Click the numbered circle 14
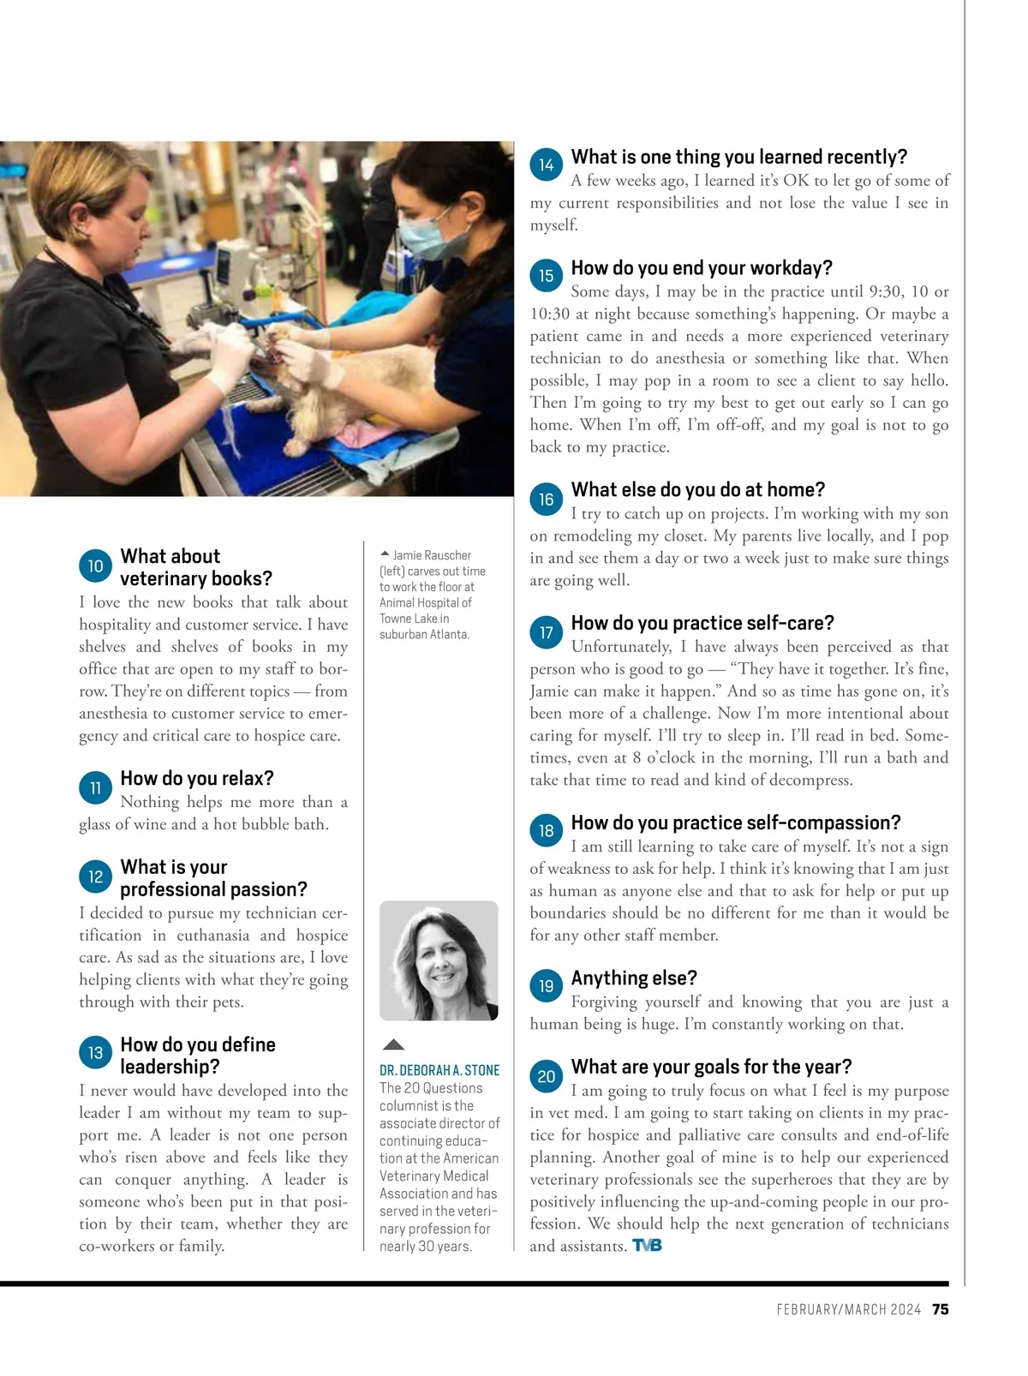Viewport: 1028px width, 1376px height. coord(546,165)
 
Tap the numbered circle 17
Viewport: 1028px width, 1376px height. coord(546,632)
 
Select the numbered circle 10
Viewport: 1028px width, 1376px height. coord(95,565)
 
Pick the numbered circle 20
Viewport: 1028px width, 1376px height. coord(546,1076)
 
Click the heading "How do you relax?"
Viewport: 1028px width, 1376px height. coord(197,778)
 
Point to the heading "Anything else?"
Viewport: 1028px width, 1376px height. coord(634,978)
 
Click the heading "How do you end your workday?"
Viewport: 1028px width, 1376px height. coord(702,268)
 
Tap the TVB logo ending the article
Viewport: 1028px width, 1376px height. coord(647,1246)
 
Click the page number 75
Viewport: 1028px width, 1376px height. coord(940,1309)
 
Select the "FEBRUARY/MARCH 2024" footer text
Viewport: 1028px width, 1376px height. coord(848,1309)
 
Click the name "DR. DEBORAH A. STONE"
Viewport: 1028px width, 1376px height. coord(439,1070)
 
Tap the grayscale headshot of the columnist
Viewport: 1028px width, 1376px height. coord(439,960)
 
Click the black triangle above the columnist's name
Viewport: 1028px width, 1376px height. coord(393,1044)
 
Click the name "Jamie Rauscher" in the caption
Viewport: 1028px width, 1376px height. coord(432,555)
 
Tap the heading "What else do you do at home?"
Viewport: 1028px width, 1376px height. coord(698,489)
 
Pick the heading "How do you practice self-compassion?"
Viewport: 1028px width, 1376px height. coord(736,823)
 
